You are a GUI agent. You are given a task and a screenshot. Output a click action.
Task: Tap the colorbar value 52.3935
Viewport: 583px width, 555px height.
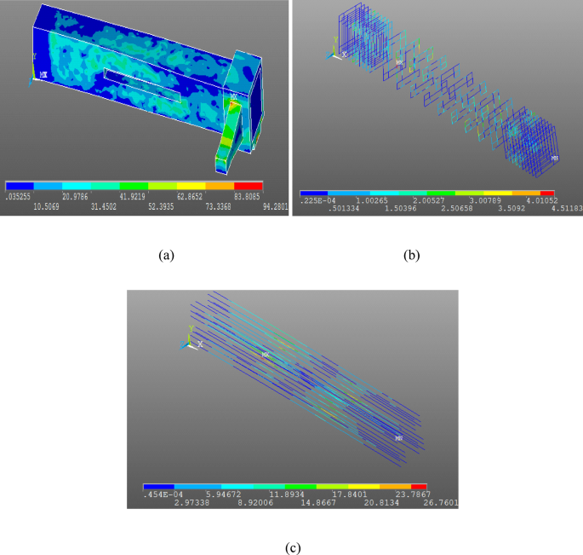(x=163, y=205)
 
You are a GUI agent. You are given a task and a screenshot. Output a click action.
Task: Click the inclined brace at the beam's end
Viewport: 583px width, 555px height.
(x=231, y=128)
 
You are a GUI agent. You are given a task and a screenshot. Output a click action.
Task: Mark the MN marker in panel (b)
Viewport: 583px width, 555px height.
(x=555, y=159)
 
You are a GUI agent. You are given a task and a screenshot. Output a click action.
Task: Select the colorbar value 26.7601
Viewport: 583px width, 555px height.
(x=442, y=503)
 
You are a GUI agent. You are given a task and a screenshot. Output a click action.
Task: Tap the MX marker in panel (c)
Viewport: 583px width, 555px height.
(x=266, y=355)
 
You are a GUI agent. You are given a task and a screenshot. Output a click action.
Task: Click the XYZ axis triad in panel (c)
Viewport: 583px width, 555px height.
(x=191, y=339)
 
